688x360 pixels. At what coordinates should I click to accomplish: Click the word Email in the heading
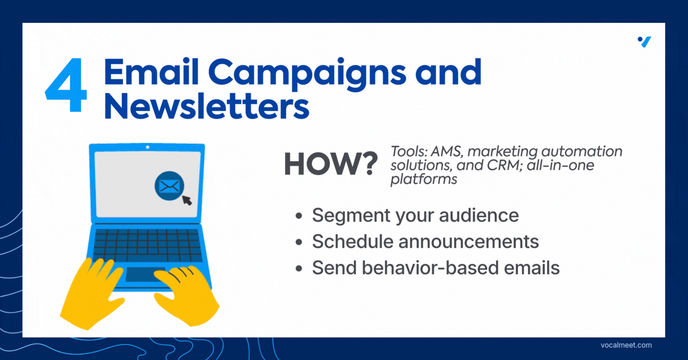151,72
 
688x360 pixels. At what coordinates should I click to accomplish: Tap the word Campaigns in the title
307,75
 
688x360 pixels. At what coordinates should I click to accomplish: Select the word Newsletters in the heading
207,106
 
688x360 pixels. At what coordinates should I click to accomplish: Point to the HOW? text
331,164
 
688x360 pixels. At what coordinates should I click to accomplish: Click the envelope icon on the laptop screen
169,186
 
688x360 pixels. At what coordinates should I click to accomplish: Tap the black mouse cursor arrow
187,200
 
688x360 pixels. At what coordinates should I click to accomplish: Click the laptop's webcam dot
147,147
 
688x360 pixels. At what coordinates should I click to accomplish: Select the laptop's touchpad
144,274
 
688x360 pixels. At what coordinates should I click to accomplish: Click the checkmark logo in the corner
644,42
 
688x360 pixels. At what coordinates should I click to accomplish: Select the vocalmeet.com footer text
626,345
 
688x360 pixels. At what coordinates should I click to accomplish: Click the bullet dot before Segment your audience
299,216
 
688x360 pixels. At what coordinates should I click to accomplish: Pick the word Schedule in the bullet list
353,241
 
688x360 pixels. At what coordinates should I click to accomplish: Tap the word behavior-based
430,268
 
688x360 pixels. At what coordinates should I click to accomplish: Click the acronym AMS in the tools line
446,151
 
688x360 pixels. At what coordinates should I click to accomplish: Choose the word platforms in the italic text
424,179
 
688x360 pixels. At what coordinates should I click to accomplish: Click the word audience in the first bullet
479,215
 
